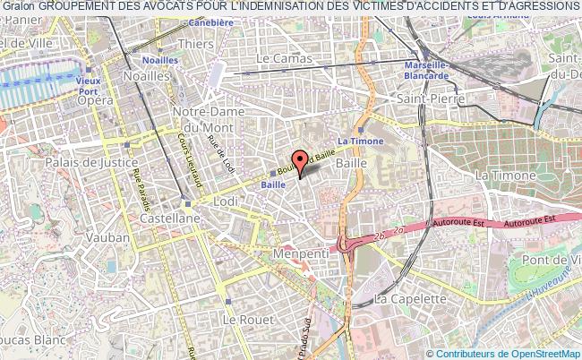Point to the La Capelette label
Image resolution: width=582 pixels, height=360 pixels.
[410, 298]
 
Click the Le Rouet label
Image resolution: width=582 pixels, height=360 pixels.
[243, 319]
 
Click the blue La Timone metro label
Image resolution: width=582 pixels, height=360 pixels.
[360, 141]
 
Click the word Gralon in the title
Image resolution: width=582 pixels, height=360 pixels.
[18, 5]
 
